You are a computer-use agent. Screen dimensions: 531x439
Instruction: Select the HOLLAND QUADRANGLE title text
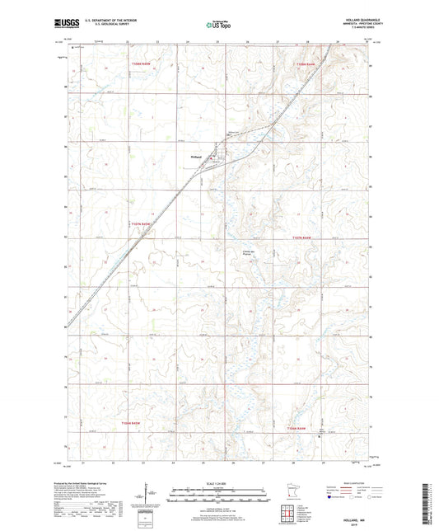pos(354,21)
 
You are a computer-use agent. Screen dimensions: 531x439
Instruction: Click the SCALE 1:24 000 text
pos(218,482)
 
